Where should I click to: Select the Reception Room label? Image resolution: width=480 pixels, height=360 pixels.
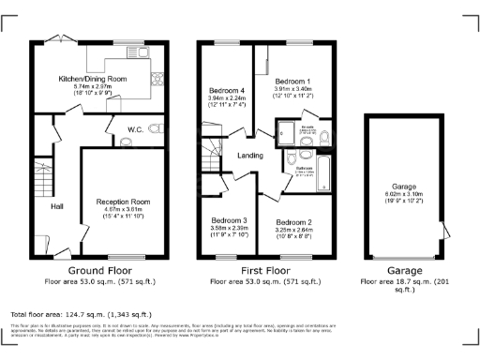(123, 201)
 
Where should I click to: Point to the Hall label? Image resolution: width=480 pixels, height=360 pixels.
(56, 206)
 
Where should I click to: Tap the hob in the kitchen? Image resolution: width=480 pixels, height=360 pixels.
(157, 80)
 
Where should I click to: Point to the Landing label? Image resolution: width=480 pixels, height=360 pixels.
(249, 156)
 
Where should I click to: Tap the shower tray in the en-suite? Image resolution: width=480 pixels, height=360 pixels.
(283, 135)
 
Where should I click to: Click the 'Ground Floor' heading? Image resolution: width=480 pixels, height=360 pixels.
(102, 270)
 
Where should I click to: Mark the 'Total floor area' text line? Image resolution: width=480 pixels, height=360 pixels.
(81, 314)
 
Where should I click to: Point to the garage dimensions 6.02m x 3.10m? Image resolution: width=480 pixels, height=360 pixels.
(401, 194)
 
